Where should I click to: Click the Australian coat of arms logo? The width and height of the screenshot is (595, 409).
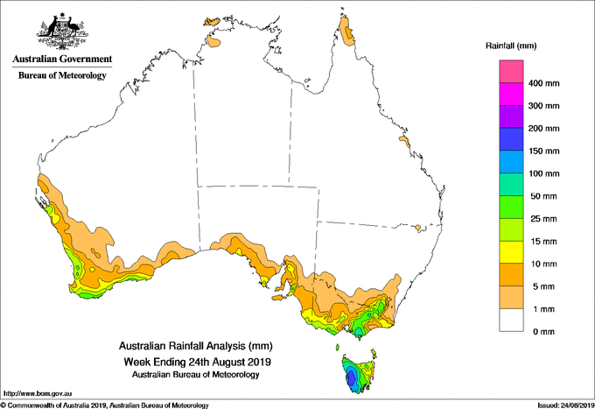(x=63, y=31)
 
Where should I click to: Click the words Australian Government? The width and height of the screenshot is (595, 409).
(x=62, y=59)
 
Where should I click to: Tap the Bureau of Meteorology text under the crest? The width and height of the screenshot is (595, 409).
(x=62, y=75)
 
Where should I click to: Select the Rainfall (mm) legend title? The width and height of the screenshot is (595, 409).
(x=511, y=46)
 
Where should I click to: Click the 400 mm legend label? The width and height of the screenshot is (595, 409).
(x=543, y=83)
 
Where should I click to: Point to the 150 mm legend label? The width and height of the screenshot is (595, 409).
(x=543, y=152)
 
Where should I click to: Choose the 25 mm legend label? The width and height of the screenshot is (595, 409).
(x=543, y=219)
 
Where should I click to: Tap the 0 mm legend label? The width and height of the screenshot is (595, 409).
(x=543, y=332)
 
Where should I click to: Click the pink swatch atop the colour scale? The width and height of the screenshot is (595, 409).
(x=511, y=72)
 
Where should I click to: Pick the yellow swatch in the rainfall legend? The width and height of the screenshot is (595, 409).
(x=511, y=252)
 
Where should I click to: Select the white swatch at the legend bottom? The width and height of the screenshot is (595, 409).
(x=511, y=321)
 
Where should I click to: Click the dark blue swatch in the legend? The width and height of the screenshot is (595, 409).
(x=511, y=139)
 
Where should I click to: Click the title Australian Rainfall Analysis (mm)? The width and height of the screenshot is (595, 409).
(x=196, y=346)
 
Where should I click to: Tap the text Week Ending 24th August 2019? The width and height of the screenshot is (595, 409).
(x=198, y=362)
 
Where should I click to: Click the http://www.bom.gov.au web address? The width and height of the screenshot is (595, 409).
(x=38, y=394)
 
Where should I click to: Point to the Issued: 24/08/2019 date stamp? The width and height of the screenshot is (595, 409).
(x=566, y=405)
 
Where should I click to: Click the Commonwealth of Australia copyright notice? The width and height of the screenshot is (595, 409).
(x=105, y=405)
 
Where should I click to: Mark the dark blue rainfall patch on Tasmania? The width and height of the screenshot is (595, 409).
(x=352, y=378)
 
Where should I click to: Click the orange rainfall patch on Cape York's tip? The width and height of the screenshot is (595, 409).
(x=347, y=32)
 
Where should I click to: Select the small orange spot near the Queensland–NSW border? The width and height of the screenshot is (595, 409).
(x=417, y=228)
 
